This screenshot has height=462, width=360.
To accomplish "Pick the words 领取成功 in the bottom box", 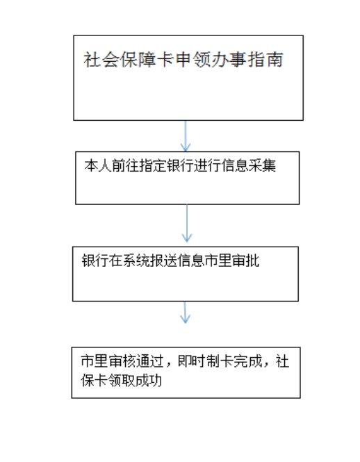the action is pyautogui.click(x=135, y=380).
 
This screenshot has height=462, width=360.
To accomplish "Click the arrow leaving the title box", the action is pyautogui.click(x=186, y=136).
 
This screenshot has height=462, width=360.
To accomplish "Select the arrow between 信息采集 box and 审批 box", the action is pyautogui.click(x=187, y=223).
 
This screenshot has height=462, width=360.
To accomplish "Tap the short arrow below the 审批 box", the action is pyautogui.click(x=185, y=313).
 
